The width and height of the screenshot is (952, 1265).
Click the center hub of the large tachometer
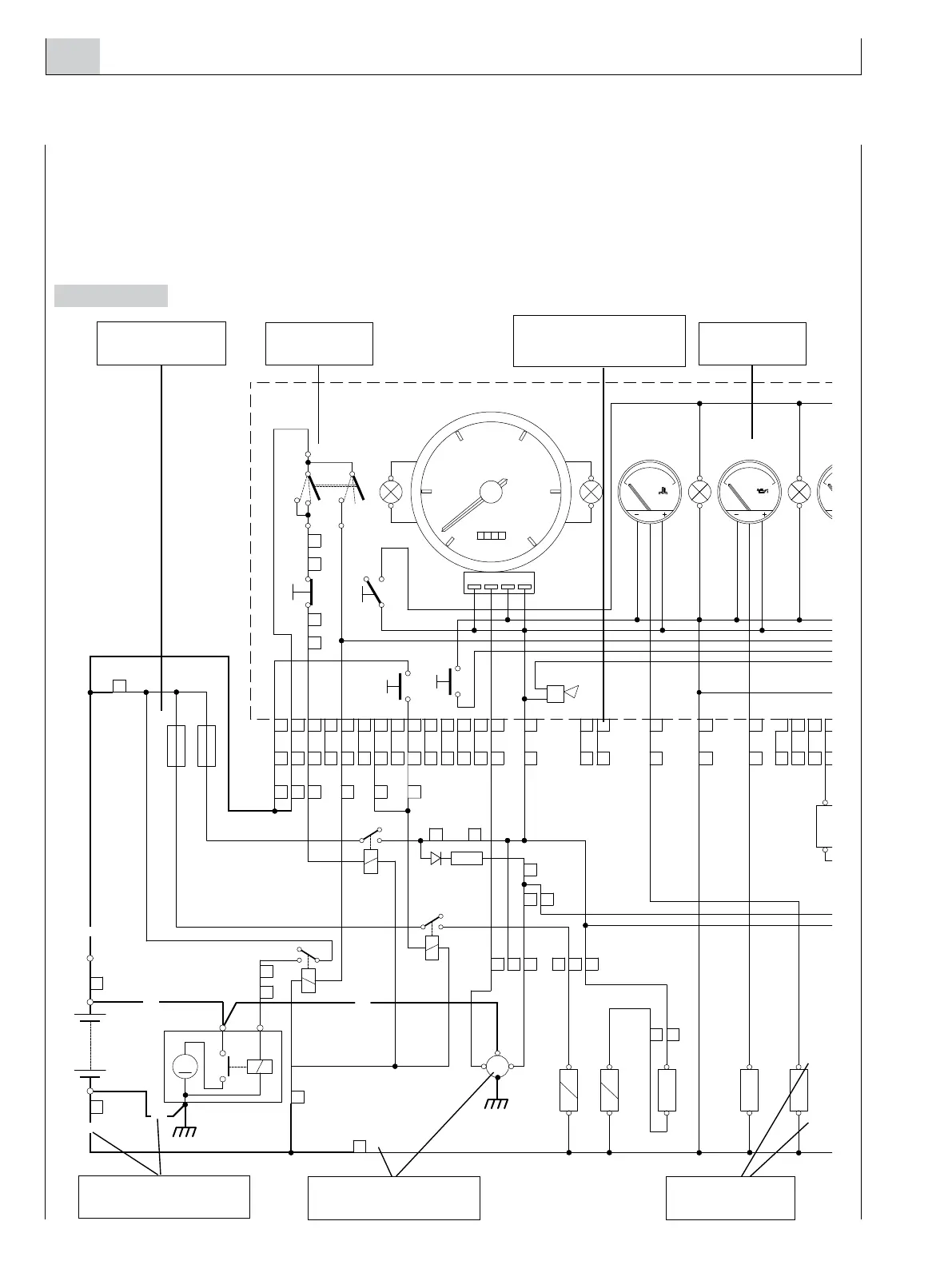pos(491,492)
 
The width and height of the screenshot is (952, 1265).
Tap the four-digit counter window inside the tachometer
pos(491,536)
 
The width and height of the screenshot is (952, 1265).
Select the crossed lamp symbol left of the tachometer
pos(391,492)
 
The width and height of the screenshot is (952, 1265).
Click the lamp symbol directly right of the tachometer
pos(591,492)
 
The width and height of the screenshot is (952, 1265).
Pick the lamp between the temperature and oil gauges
pos(699,492)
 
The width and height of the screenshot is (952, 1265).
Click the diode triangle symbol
pos(436,858)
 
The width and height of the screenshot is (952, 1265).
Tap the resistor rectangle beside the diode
pos(467,858)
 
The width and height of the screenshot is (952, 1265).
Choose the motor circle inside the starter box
pos(185,1066)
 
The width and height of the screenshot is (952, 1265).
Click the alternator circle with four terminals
pos(497,1065)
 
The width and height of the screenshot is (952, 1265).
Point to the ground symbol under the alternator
pos(497,1104)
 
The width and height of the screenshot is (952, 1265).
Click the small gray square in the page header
pos(73,56)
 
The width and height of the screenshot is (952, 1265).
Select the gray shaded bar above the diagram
pos(111,296)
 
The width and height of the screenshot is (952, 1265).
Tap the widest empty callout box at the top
pos(599,341)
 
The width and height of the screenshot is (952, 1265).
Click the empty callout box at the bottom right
pos(730,1198)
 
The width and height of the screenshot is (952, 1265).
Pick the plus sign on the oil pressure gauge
pos(764,514)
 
